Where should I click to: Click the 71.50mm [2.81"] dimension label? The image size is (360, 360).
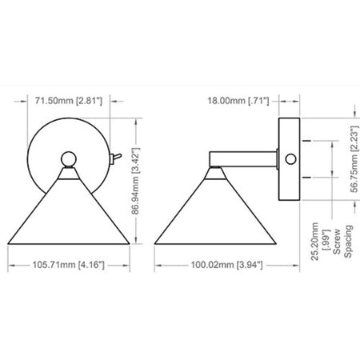point(69,101)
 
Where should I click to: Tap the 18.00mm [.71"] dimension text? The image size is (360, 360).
point(238,101)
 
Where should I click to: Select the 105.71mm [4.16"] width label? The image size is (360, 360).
point(69,265)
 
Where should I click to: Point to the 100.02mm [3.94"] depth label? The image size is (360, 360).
point(226,265)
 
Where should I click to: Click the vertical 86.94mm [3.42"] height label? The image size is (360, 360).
point(135,181)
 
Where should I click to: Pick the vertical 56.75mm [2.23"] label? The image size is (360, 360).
point(354,159)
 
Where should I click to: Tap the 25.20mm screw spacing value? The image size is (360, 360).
point(314,242)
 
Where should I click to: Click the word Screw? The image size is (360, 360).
point(337,242)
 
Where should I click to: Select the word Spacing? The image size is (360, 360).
point(348,242)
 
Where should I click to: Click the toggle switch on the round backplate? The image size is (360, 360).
point(115,158)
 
